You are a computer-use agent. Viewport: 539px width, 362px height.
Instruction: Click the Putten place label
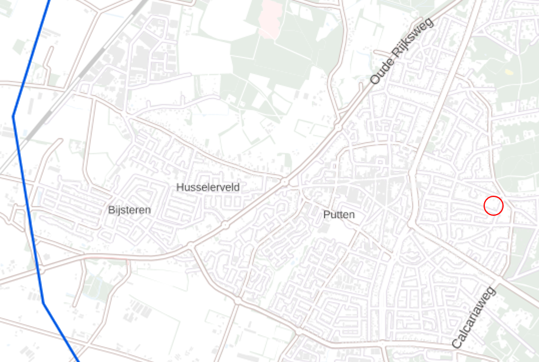[x=339, y=215]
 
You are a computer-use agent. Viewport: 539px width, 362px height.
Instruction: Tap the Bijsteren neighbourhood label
[x=129, y=210]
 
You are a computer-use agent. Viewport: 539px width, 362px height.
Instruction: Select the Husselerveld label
[x=208, y=187]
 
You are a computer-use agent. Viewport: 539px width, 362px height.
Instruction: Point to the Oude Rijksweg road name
[x=402, y=51]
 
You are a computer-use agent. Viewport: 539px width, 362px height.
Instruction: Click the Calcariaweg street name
[x=474, y=317]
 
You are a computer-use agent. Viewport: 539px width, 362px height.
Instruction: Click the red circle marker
[x=494, y=206]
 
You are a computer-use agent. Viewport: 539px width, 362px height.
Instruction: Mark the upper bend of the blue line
[x=14, y=116]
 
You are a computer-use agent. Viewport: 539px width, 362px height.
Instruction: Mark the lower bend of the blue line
[x=43, y=302]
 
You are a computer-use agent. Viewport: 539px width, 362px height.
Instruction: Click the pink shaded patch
[x=271, y=18]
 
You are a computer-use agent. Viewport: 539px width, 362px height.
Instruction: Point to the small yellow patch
[x=509, y=72]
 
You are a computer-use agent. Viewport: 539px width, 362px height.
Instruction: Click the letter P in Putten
[x=326, y=215]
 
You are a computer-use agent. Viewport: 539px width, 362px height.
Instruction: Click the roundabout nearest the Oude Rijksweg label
[x=338, y=125]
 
